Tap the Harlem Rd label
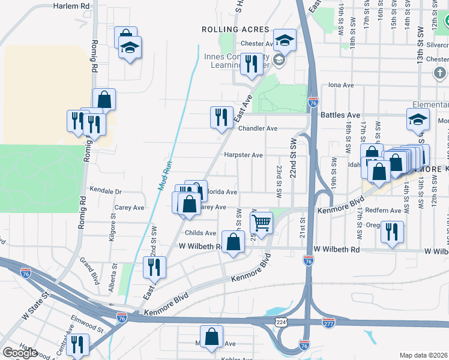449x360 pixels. pyautogui.click(x=71, y=5)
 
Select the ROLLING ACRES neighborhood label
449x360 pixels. pyautogui.click(x=231, y=29)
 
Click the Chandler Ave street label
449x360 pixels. pyautogui.click(x=258, y=128)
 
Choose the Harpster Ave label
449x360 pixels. pyautogui.click(x=243, y=155)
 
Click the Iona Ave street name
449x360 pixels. pyautogui.click(x=341, y=85)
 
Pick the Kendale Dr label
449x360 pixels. pyautogui.click(x=106, y=191)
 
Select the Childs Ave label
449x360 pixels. pyautogui.click(x=200, y=233)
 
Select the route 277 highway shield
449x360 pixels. pyautogui.click(x=328, y=322)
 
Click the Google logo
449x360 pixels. pyautogui.click(x=20, y=353)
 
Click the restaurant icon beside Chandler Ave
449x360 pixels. pyautogui.click(x=221, y=116)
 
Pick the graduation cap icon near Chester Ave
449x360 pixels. pyautogui.click(x=285, y=41)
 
